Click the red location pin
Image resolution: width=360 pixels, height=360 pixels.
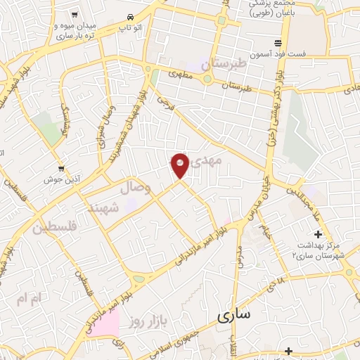(x=180, y=165)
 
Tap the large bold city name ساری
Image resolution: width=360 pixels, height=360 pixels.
(x=233, y=316)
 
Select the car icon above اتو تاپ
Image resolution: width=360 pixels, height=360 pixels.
(x=130, y=17)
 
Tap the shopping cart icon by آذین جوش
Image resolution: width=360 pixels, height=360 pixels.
(x=62, y=168)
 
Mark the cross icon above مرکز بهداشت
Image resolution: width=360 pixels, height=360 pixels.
(x=318, y=234)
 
